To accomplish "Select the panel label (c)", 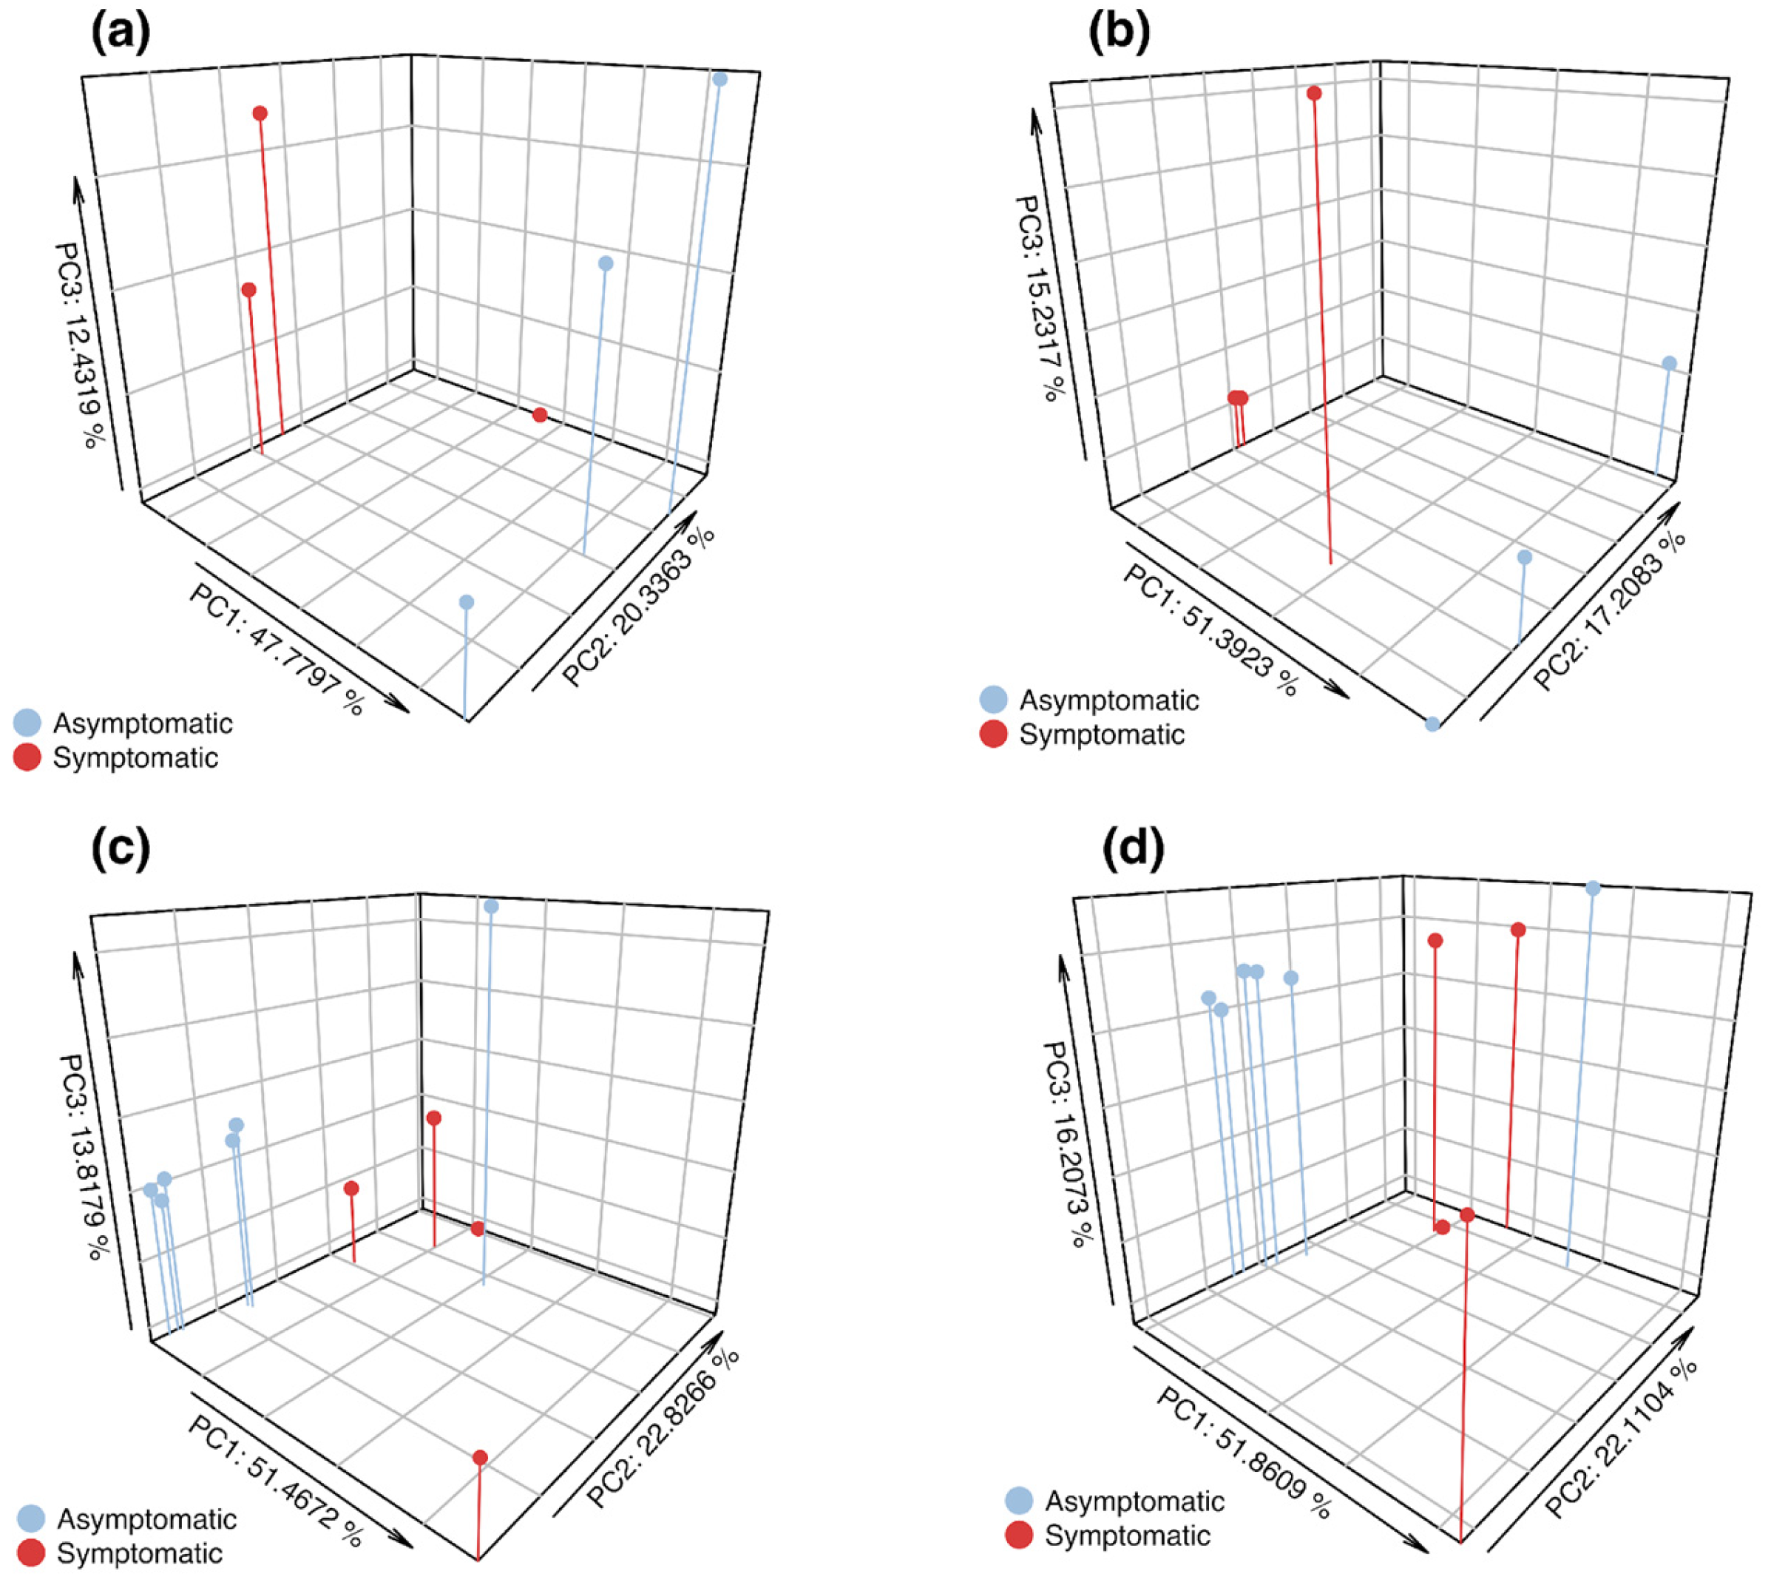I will pyautogui.click(x=121, y=848).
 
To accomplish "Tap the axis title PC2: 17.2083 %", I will pyautogui.click(x=1611, y=611).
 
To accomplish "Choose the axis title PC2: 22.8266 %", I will pyautogui.click(x=663, y=1427).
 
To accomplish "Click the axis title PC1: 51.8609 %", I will pyautogui.click(x=1244, y=1452).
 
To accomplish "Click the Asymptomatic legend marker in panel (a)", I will pyautogui.click(x=27, y=723).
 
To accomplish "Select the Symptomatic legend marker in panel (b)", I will pyautogui.click(x=994, y=734).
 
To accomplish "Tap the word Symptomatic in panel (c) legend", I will pyautogui.click(x=140, y=1553).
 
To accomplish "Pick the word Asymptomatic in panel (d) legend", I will pyautogui.click(x=1135, y=1501).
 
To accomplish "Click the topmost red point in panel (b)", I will pyautogui.click(x=1314, y=93).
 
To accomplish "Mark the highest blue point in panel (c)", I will pyautogui.click(x=491, y=907).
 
